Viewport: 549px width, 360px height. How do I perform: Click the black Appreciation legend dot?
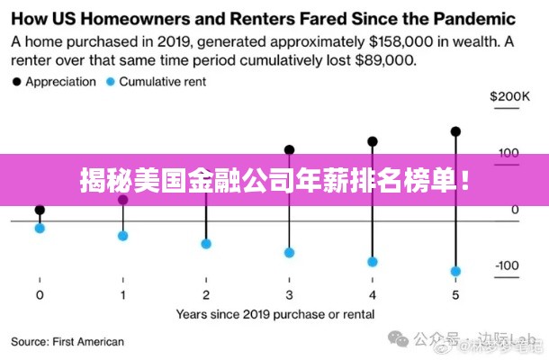click(16, 82)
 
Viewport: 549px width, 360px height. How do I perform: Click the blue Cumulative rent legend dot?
click(111, 82)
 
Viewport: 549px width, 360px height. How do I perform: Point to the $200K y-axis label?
click(509, 96)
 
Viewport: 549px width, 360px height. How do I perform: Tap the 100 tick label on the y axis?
click(509, 152)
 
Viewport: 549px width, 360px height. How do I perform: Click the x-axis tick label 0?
click(40, 295)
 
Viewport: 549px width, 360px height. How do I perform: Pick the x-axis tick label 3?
click(289, 295)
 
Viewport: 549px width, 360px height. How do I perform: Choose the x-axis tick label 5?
click(455, 295)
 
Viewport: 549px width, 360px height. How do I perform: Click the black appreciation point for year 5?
click(455, 131)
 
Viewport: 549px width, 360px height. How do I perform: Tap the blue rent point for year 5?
click(455, 271)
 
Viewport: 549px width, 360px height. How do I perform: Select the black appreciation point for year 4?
click(373, 141)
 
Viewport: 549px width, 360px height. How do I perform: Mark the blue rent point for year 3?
click(289, 253)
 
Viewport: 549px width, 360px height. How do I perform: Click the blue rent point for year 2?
click(206, 244)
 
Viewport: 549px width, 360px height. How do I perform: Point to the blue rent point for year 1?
click(123, 236)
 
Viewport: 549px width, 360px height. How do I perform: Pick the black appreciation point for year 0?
click(40, 210)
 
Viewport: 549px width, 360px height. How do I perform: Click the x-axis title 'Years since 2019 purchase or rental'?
click(274, 315)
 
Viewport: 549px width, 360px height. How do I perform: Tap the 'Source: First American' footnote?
click(67, 342)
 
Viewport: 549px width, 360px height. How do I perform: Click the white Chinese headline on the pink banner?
click(274, 181)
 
